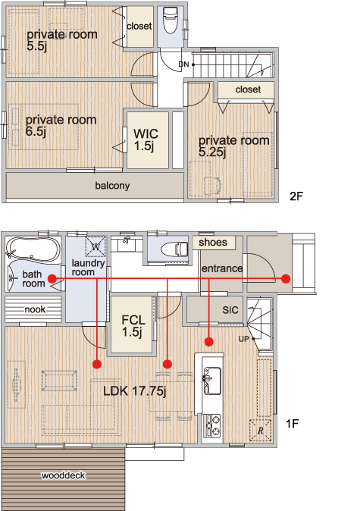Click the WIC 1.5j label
146,140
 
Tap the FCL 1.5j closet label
133,325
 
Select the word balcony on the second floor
112,186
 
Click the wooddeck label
63,475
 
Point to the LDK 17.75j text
135,390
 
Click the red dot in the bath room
52,279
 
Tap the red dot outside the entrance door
286,279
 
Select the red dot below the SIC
209,341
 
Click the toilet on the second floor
171,20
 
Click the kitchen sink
211,381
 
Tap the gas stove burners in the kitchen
211,425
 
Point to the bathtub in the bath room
33,249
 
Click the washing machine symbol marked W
95,246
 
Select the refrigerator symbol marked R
260,431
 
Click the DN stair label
183,64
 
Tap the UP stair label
244,339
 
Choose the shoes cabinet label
213,242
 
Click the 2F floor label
296,196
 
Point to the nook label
35,309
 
